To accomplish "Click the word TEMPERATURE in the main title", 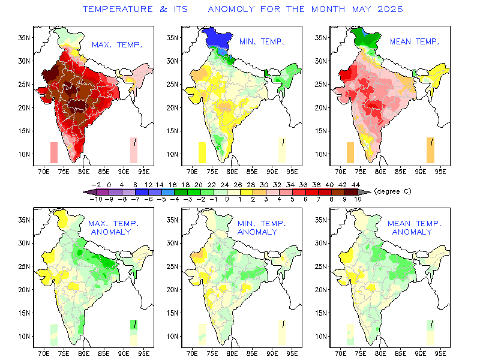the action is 118,9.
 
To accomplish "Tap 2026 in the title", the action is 390,9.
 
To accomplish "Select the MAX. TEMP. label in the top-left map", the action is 117,45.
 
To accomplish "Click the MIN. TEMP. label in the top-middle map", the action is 262,41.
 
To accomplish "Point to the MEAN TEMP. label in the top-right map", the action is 415,41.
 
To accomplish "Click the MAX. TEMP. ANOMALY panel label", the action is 113,228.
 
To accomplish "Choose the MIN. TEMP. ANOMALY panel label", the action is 262,228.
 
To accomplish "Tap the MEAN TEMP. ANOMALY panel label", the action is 415,228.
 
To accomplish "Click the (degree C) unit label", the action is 393,191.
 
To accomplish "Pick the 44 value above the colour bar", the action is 355,185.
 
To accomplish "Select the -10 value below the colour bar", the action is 96,199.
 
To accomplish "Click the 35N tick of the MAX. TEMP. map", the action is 24,38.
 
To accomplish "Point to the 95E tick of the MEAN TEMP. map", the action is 440,172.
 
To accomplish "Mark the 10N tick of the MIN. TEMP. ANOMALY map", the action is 173,337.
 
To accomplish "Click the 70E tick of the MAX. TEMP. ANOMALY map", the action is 44,353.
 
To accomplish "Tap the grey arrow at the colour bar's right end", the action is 364,192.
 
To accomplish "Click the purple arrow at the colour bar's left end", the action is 89,192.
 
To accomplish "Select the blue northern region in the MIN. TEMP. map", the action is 217,38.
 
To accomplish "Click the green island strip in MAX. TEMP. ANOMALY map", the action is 134,325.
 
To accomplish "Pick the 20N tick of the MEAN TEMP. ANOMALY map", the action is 321,290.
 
